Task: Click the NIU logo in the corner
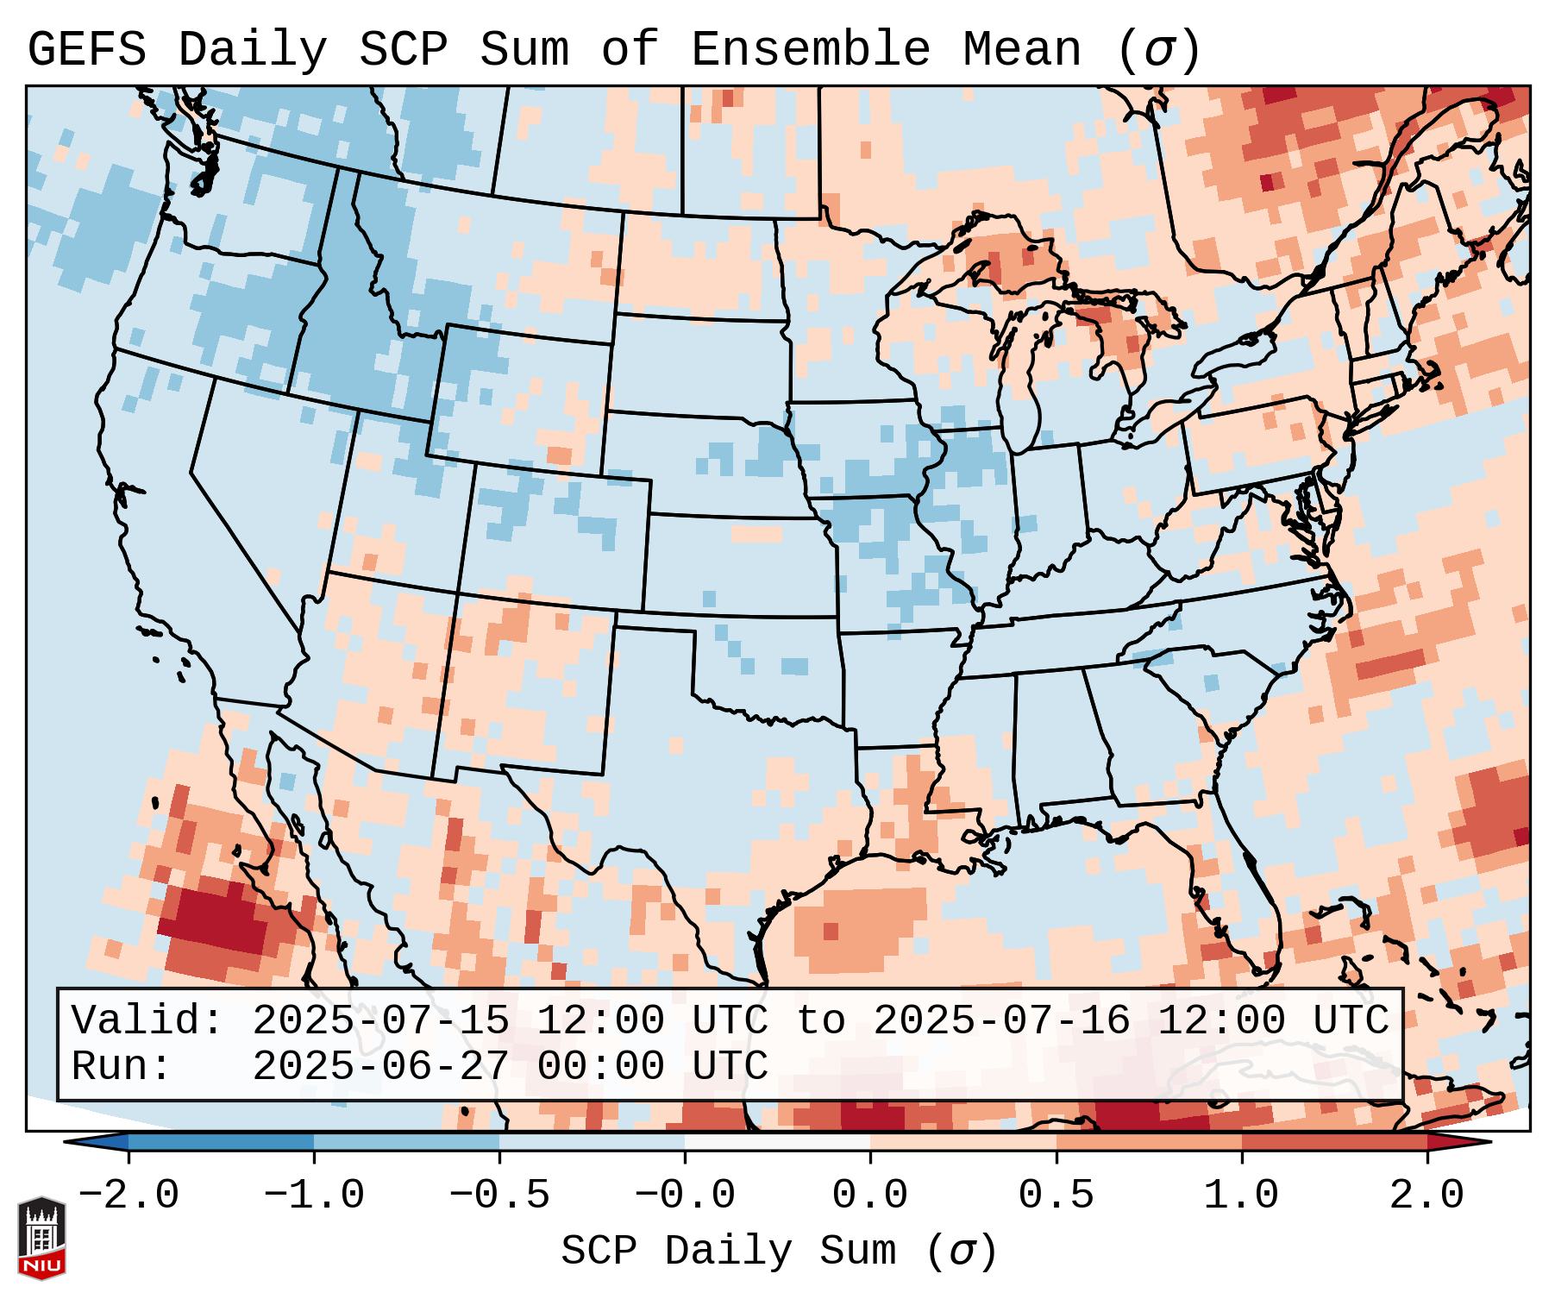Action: tap(41, 1237)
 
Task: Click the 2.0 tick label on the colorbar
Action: tap(1426, 1195)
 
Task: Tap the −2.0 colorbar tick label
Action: tap(129, 1195)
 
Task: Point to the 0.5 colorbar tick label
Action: tap(1056, 1195)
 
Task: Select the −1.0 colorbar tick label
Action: tap(314, 1195)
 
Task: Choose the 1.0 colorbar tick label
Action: tap(1241, 1195)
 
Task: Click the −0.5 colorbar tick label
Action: tap(499, 1195)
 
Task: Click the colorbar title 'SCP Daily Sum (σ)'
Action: tap(778, 1252)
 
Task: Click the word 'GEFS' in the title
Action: tap(86, 50)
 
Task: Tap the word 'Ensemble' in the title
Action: tap(810, 50)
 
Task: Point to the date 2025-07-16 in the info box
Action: tap(1001, 1020)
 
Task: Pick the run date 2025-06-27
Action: tap(380, 1066)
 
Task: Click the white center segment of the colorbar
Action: tap(777, 1142)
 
